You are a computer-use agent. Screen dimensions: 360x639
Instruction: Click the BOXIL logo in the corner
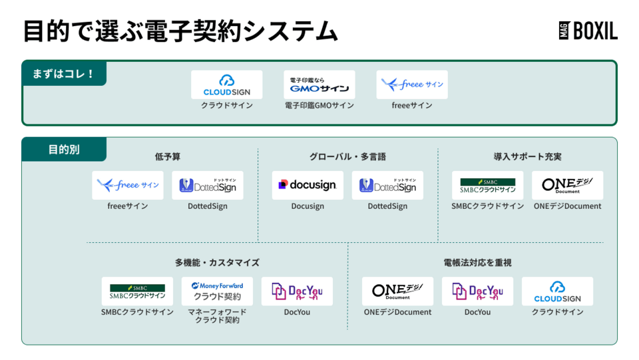coord(588,31)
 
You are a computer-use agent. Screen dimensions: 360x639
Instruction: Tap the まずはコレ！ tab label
coord(64,73)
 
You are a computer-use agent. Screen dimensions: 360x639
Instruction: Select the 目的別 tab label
coord(64,150)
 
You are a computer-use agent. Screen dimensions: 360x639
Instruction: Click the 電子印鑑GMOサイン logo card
coord(319,85)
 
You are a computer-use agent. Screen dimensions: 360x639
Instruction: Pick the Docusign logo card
coord(308,186)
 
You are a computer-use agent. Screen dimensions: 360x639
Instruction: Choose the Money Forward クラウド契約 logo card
coord(217,291)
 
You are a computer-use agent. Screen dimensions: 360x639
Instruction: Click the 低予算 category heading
coord(168,157)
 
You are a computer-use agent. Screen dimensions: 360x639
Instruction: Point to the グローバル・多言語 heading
coord(347,157)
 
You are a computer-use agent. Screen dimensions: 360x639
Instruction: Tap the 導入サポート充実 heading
coord(527,157)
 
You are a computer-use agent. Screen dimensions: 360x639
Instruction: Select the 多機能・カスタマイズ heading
coord(217,263)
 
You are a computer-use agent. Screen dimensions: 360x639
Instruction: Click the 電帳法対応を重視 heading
coord(477,263)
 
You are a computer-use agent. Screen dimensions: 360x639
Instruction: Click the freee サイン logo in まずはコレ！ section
coord(412,85)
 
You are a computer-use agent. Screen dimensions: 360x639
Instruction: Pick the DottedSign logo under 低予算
coord(208,186)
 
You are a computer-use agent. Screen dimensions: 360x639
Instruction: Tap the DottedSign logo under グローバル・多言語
coord(387,186)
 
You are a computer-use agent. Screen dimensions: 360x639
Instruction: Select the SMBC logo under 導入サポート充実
coord(488,186)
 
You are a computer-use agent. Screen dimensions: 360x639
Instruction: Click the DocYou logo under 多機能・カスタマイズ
coord(297,291)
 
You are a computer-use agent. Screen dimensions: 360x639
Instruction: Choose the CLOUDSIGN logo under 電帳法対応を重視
coord(557,291)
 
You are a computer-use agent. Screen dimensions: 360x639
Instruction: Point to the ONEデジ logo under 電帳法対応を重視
coord(397,291)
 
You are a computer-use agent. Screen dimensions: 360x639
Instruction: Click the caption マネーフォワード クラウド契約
coord(217,316)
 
